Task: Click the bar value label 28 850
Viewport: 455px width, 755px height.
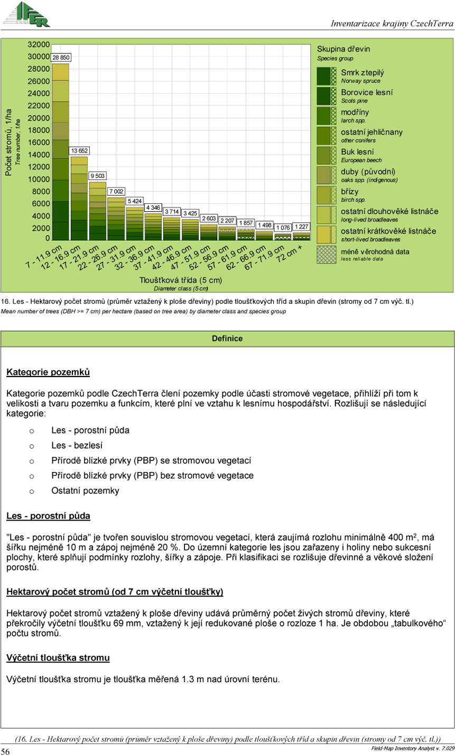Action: point(61,57)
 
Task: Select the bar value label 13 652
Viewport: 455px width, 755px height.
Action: point(79,150)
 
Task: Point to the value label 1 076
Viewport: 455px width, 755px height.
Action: point(283,228)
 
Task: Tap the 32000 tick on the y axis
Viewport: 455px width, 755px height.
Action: point(39,44)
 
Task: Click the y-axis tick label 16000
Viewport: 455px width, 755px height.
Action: point(39,142)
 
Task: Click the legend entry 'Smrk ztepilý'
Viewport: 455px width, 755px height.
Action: point(362,73)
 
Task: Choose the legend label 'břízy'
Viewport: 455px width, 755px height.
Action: point(349,192)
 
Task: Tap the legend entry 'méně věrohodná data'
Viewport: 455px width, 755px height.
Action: point(375,251)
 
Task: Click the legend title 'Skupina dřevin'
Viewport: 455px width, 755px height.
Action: point(343,49)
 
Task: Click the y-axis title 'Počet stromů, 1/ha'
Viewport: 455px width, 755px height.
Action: point(9,142)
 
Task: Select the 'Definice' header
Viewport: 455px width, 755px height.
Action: point(227,338)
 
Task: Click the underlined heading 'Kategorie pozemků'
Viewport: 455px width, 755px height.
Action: point(48,372)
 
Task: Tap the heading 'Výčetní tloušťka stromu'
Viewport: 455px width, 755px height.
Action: point(58,658)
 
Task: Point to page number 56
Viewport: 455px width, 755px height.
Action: point(5,751)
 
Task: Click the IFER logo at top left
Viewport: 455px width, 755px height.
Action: point(26,13)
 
